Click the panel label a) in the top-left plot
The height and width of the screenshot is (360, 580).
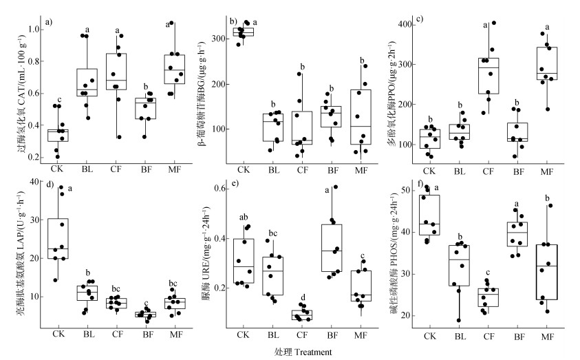coord(50,23)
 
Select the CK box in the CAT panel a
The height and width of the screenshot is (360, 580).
coord(58,134)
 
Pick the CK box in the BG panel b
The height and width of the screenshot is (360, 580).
coord(243,32)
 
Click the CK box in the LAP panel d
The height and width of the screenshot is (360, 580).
coord(58,238)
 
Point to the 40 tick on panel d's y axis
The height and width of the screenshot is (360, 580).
coord(38,181)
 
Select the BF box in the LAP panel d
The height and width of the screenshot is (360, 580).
coord(146,315)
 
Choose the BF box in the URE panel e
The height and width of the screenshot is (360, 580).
coord(332,248)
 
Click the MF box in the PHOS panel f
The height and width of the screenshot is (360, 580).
coord(547,272)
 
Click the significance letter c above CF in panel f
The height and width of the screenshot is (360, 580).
coord(488,273)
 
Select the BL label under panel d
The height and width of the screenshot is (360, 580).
coord(88,335)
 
